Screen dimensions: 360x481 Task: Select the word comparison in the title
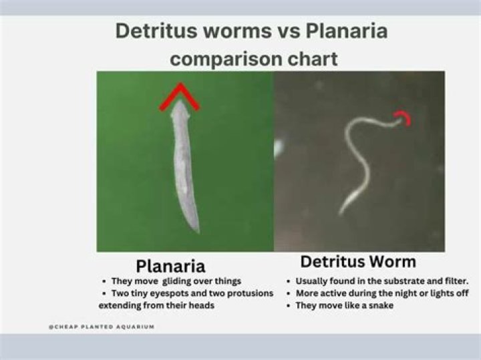click(223, 59)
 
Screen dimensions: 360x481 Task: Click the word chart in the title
click(308, 59)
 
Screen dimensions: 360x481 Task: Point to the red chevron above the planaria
click(179, 98)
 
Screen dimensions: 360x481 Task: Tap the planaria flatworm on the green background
click(183, 167)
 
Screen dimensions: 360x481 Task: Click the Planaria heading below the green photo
click(170, 265)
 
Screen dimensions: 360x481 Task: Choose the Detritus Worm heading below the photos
click(358, 261)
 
